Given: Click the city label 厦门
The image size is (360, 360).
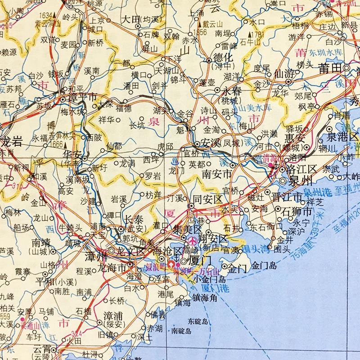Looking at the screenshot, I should (201, 261).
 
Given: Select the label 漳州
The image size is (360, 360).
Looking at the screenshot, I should (96, 257).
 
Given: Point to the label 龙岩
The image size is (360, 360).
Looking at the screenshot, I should (12, 142).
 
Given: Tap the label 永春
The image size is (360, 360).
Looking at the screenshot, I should (233, 90).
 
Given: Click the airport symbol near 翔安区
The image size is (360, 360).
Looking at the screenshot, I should (194, 240).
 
